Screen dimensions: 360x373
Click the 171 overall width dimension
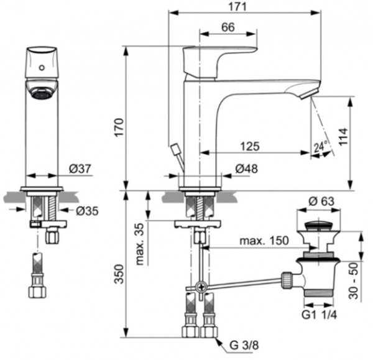239,6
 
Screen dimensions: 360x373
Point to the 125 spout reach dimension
250,147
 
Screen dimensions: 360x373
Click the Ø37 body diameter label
81,168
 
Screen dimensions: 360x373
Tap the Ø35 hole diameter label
88,210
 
